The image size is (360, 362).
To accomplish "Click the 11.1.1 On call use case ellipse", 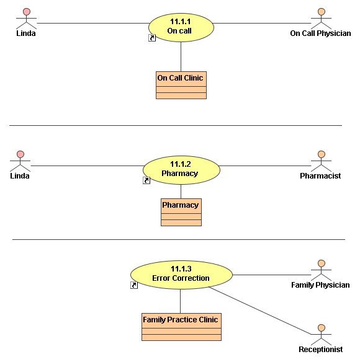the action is (x=181, y=27).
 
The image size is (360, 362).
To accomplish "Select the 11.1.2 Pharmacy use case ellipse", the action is (x=181, y=170).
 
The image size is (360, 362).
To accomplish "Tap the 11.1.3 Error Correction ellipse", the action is (x=181, y=275).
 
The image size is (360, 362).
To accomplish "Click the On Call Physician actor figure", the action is (x=321, y=19).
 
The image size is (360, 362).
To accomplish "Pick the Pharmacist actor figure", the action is (x=321, y=161).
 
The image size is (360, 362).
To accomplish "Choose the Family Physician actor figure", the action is (x=321, y=270).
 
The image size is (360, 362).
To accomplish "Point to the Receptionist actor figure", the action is (x=321, y=335).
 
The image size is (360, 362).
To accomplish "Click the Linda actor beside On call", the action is (x=26, y=19).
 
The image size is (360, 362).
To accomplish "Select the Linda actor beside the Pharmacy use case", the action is (x=20, y=161).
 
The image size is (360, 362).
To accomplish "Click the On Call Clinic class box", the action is (x=181, y=85).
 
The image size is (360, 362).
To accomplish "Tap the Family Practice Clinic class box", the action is (x=181, y=327).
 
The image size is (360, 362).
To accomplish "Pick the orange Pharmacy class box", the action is (x=181, y=212).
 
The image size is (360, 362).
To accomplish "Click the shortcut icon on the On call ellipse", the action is (x=152, y=38).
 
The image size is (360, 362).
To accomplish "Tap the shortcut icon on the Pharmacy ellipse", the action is (x=146, y=180).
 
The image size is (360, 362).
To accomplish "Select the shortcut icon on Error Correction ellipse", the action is (x=134, y=285).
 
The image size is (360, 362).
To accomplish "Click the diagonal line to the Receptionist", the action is (x=260, y=311).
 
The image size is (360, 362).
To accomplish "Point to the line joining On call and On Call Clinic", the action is (x=181, y=57).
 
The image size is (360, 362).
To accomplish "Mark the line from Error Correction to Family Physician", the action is (x=272, y=275).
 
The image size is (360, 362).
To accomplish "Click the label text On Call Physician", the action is (x=320, y=33).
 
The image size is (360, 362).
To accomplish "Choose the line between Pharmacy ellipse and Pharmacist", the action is (x=265, y=166).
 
